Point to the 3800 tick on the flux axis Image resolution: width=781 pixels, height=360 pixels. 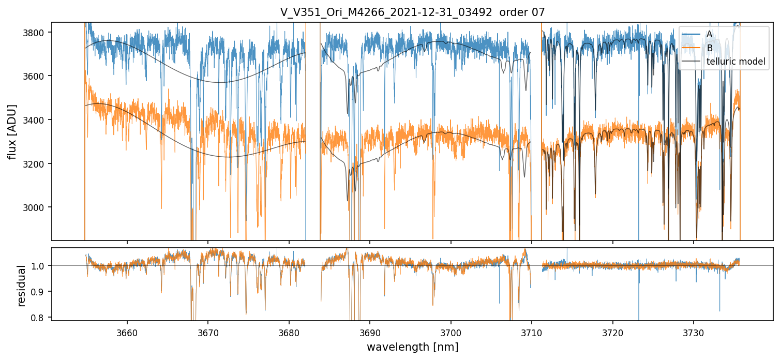click(x=37, y=33)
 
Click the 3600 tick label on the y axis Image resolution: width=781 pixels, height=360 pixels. click(x=37, y=76)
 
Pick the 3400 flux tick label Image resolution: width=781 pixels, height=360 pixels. click(x=37, y=120)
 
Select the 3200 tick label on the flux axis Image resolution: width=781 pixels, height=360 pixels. click(x=37, y=164)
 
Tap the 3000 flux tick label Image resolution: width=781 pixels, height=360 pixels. click(x=37, y=207)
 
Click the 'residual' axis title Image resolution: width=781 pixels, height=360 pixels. click(x=22, y=286)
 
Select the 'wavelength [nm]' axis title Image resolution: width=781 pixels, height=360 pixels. click(x=412, y=347)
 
